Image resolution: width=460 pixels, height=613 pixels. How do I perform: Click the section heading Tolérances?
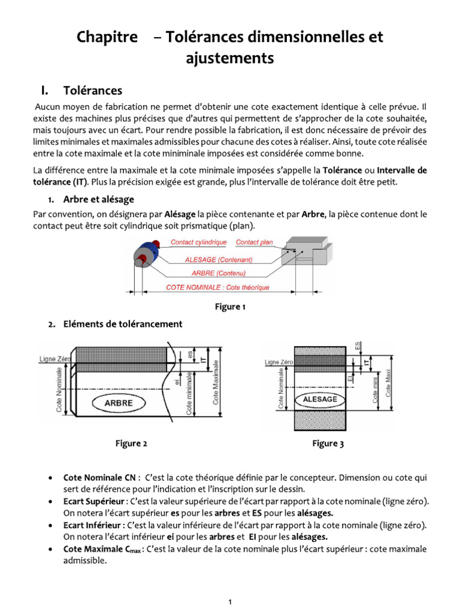tap(92, 90)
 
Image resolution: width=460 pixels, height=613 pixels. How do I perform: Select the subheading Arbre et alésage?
tap(98, 199)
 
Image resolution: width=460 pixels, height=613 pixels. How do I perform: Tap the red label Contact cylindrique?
tap(198, 242)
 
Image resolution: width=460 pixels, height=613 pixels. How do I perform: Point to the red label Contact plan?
tap(254, 242)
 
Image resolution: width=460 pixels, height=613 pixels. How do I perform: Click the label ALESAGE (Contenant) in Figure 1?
tap(219, 260)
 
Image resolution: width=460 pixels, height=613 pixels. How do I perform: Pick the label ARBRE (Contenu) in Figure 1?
tap(218, 273)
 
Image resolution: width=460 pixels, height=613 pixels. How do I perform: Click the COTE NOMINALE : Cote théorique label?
tap(217, 287)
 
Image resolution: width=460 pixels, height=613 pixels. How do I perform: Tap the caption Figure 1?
tap(230, 307)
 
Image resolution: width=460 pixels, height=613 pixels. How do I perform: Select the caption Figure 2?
tap(131, 444)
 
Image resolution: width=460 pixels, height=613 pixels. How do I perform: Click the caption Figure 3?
tap(328, 444)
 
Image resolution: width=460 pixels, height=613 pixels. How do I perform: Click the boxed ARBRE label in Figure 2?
tap(119, 403)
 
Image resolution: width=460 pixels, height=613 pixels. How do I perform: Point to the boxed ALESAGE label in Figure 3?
tap(320, 399)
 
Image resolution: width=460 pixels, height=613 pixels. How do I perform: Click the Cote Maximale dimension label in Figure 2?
tap(216, 383)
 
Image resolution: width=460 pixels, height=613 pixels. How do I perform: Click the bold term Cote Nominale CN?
tap(100, 478)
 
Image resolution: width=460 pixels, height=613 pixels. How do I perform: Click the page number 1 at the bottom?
tap(230, 602)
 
